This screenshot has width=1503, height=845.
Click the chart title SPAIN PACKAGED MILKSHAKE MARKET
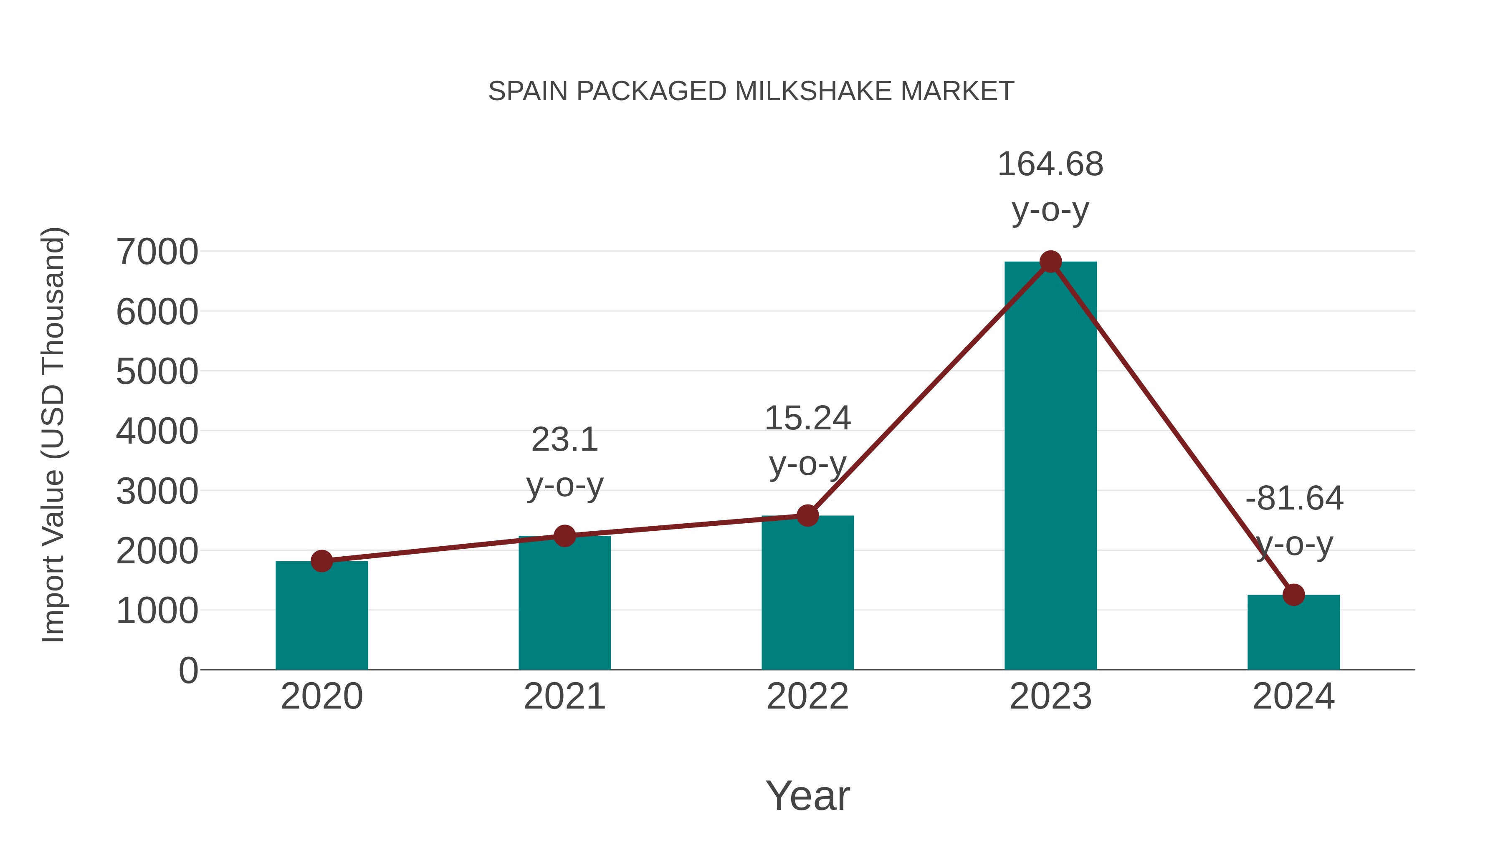[751, 91]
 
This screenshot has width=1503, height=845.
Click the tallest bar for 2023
[1050, 467]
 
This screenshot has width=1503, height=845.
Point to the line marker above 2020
[321, 561]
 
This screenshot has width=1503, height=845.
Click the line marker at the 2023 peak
[1050, 262]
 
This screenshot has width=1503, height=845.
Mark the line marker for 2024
[1293, 595]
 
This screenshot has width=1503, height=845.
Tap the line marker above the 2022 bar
[807, 515]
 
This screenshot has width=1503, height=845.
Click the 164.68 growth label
[1050, 164]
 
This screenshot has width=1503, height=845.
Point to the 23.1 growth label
[564, 440]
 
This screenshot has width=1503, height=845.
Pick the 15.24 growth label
[807, 419]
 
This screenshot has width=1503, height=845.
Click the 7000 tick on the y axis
[157, 252]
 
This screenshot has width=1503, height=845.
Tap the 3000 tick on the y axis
[157, 491]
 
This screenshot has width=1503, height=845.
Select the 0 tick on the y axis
[188, 671]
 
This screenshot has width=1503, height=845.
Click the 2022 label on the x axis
[807, 696]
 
